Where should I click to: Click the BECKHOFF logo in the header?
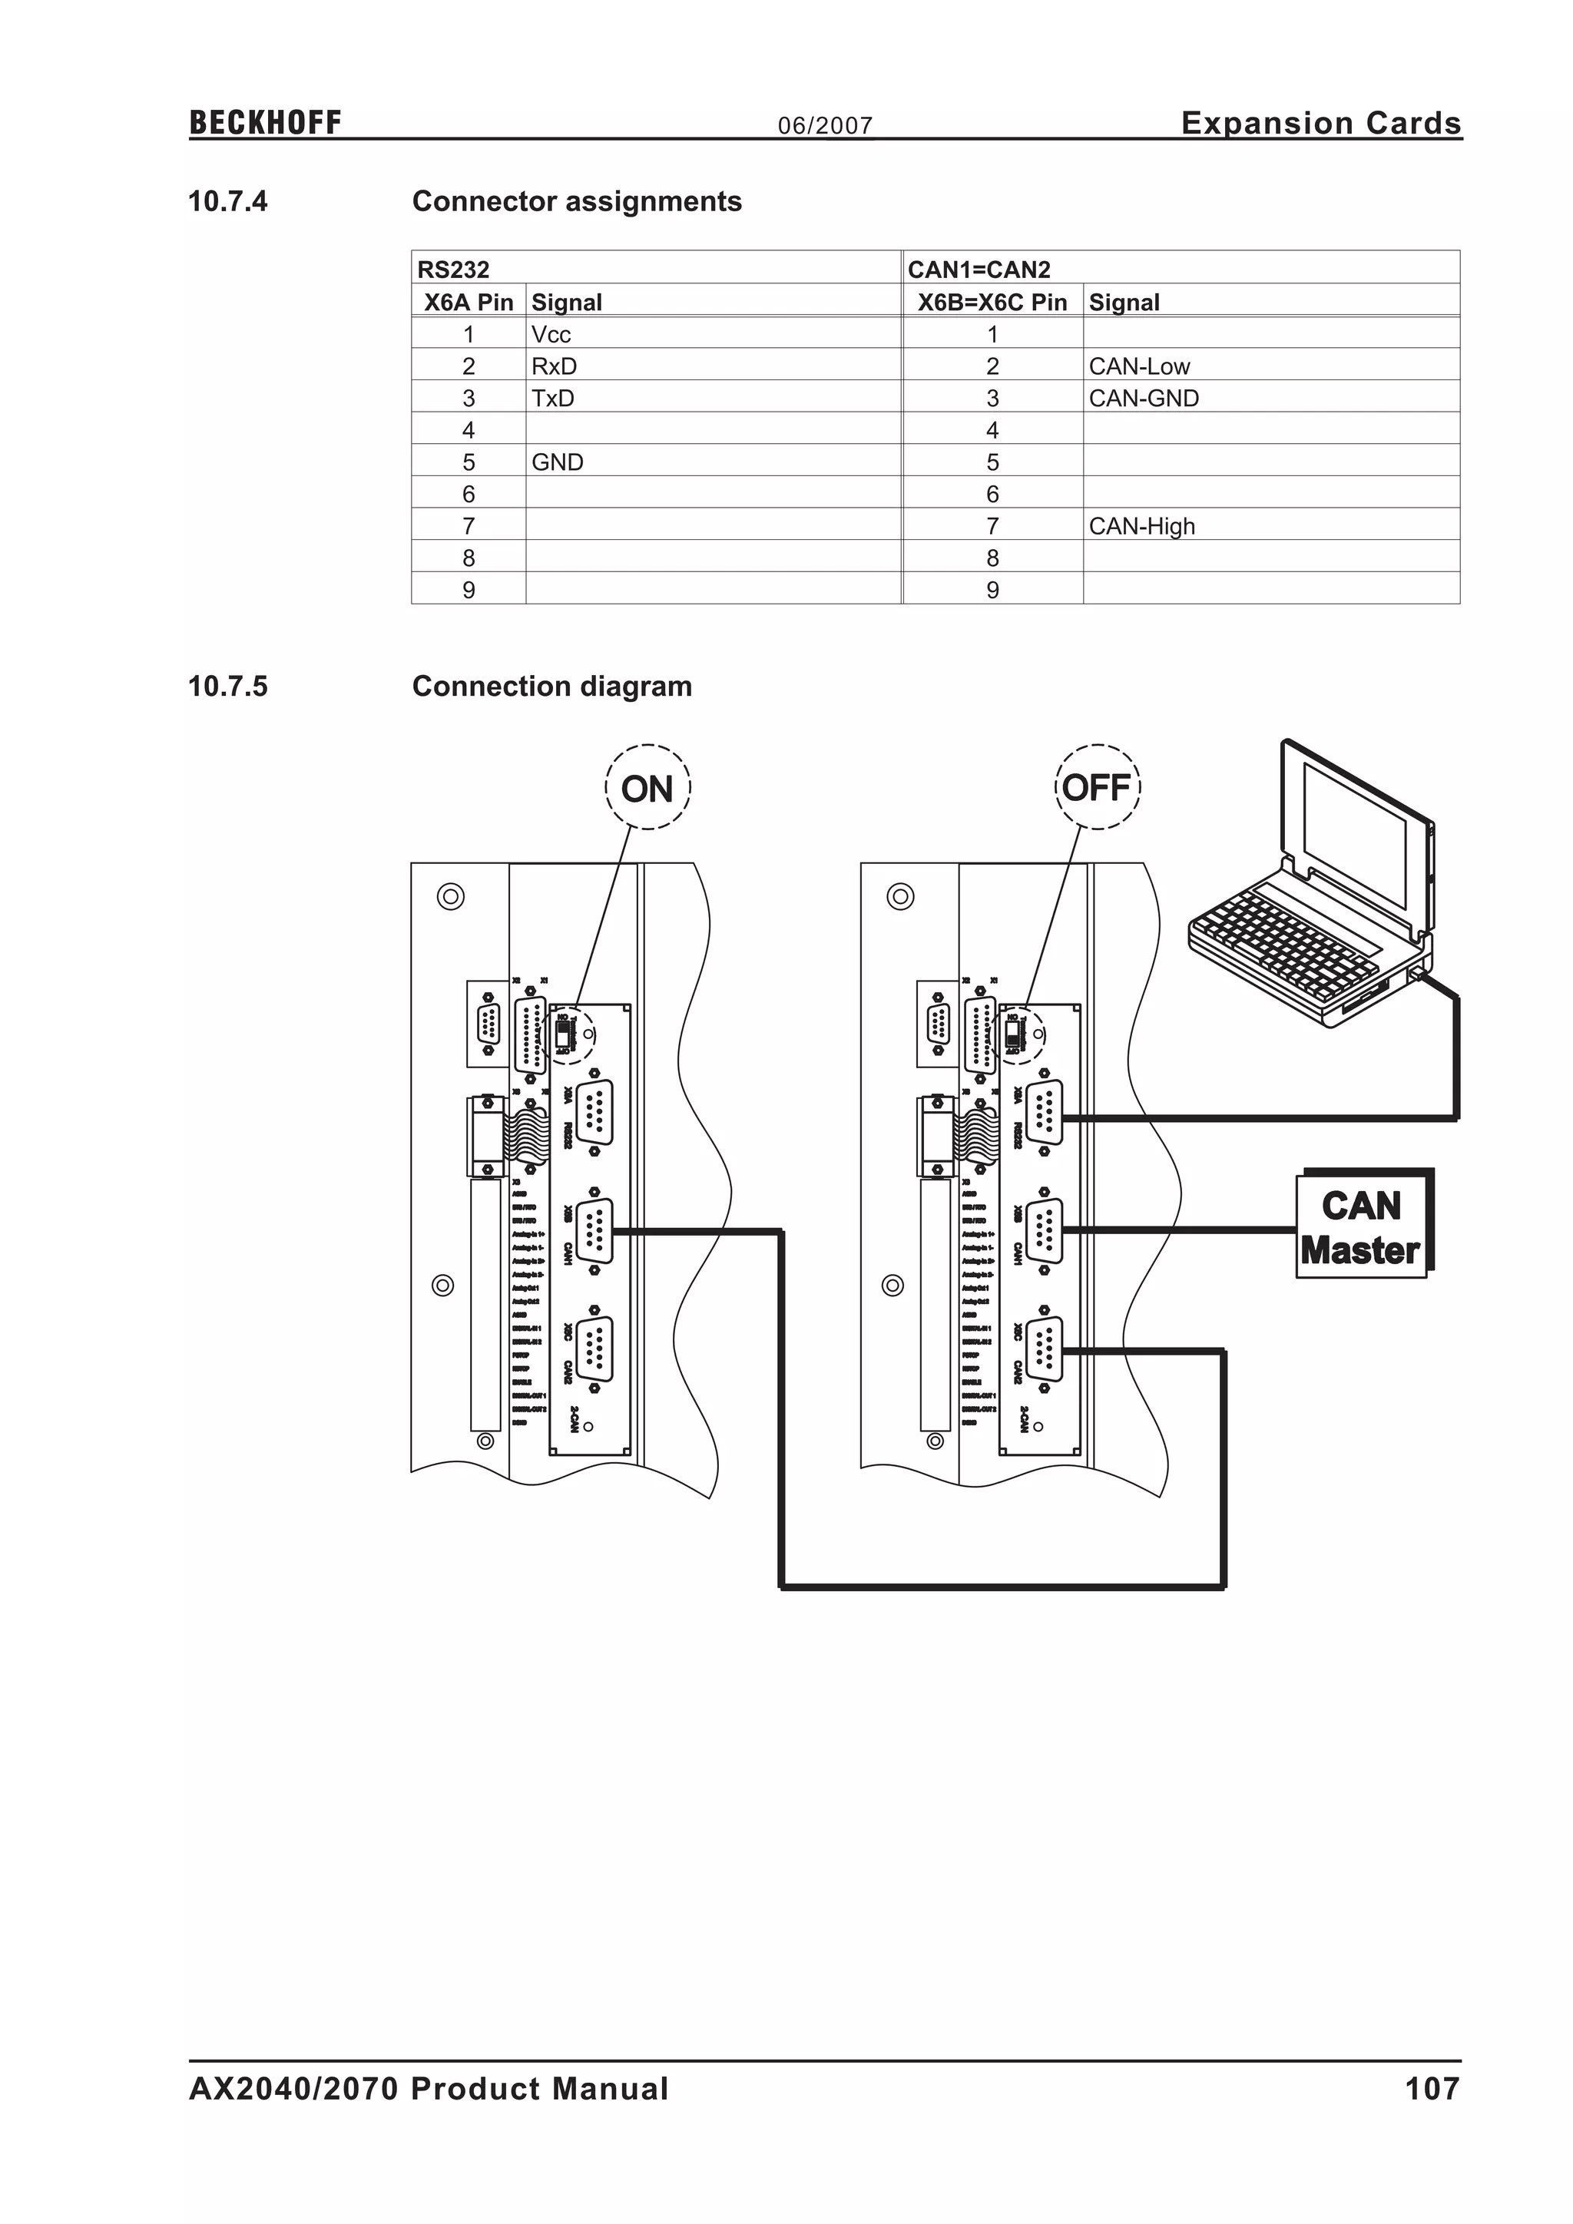264,123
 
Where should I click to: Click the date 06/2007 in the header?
825,125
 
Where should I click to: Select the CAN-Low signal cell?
1139,366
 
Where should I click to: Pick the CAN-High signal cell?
1142,526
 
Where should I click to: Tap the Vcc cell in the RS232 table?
551,334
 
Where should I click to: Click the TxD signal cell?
552,398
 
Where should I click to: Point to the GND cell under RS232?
557,462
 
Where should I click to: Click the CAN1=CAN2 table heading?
979,270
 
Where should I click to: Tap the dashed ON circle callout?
647,787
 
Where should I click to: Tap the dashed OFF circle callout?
1097,787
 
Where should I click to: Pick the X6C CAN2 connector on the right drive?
1044,1349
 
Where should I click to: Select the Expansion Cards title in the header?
1320,123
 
